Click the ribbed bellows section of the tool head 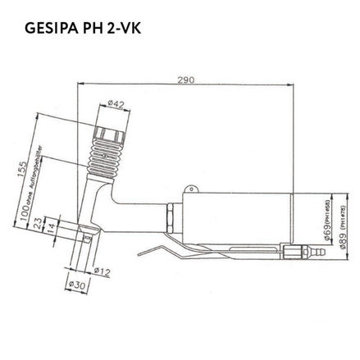[x=103, y=157]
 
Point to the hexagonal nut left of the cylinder [x=168, y=218]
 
